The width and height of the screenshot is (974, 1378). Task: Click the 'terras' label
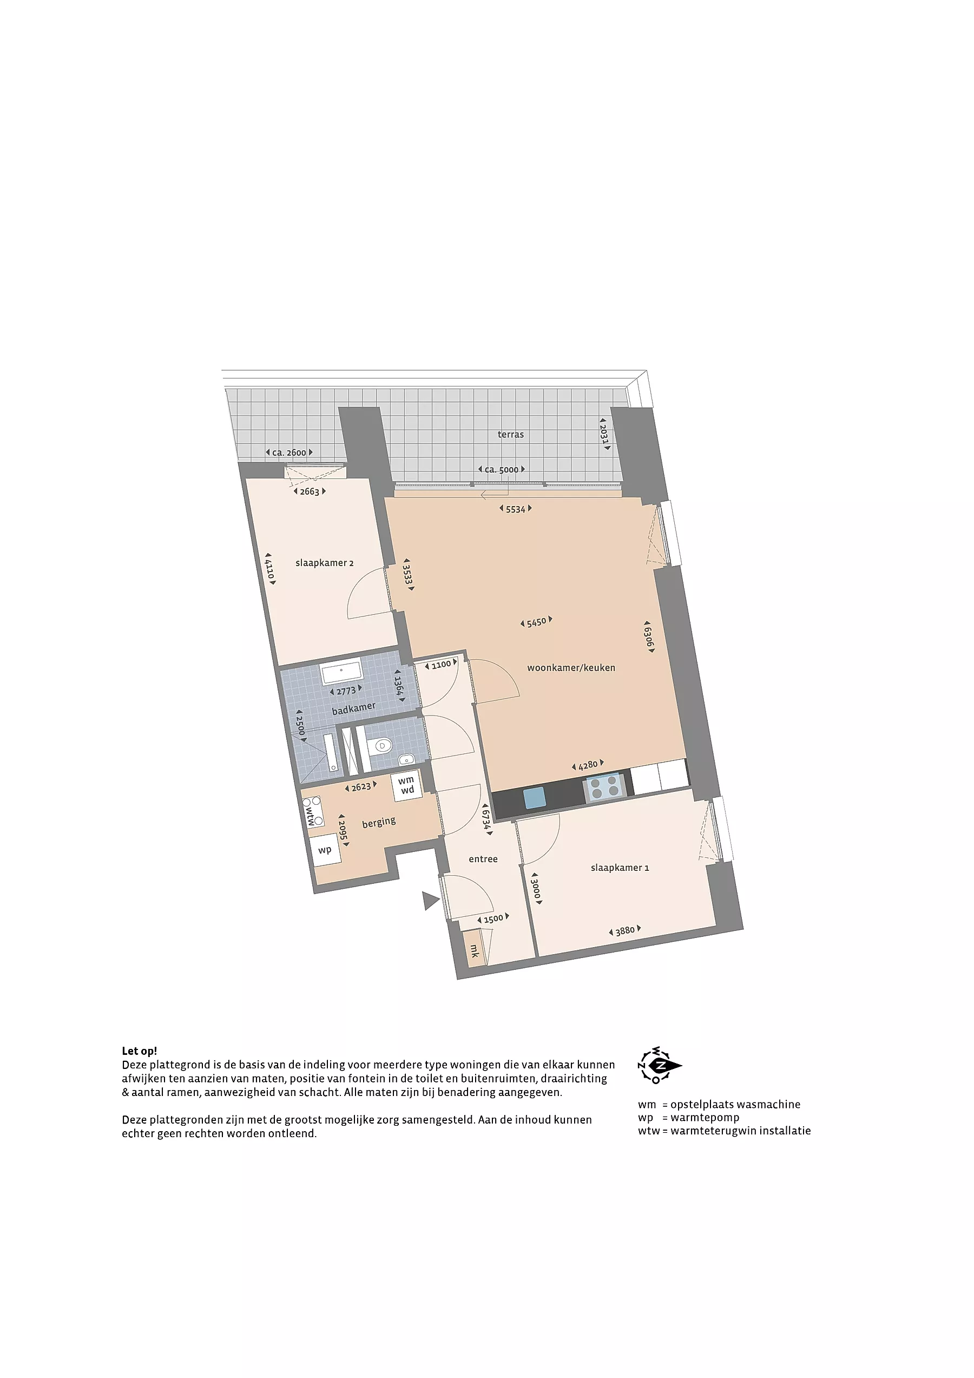click(x=510, y=435)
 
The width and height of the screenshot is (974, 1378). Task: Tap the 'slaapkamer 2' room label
click(x=324, y=563)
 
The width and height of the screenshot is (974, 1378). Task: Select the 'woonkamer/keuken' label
click(x=571, y=667)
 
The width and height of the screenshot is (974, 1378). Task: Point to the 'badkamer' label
click(x=353, y=708)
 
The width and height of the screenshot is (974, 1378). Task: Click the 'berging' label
click(x=379, y=822)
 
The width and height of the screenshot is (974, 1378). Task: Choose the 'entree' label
click(x=483, y=859)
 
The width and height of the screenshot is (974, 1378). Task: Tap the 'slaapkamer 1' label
click(x=620, y=867)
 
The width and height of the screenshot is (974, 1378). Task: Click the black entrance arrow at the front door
click(x=430, y=901)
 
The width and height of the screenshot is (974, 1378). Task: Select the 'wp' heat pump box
click(x=325, y=850)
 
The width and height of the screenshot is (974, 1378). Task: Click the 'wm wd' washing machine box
click(x=407, y=785)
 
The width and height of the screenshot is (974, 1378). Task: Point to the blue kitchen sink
click(x=535, y=798)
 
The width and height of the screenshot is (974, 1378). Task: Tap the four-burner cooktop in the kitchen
click(x=605, y=788)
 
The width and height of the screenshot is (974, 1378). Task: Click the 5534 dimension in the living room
click(x=516, y=509)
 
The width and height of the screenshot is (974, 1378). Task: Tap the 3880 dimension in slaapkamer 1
click(x=625, y=930)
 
